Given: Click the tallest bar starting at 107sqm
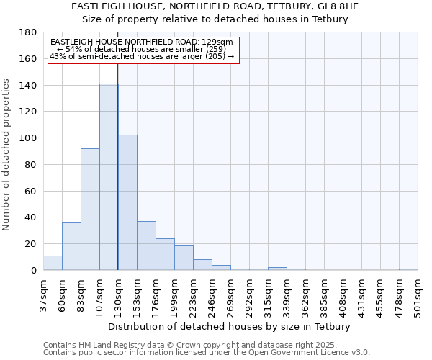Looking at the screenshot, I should pos(109,177).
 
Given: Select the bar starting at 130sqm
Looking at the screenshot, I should pos(127,202).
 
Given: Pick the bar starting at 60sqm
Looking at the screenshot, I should pos(71,246).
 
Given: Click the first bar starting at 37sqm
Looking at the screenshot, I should pos(53,263).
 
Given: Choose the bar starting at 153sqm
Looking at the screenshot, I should pos(146,246).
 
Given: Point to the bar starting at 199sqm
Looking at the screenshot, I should pos(184,258).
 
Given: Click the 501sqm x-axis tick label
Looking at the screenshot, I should pos(418,294).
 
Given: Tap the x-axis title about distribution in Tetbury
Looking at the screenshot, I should pos(230,326).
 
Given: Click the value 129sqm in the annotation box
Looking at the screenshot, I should pos(217,42).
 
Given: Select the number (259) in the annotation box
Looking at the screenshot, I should pos(215,49).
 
